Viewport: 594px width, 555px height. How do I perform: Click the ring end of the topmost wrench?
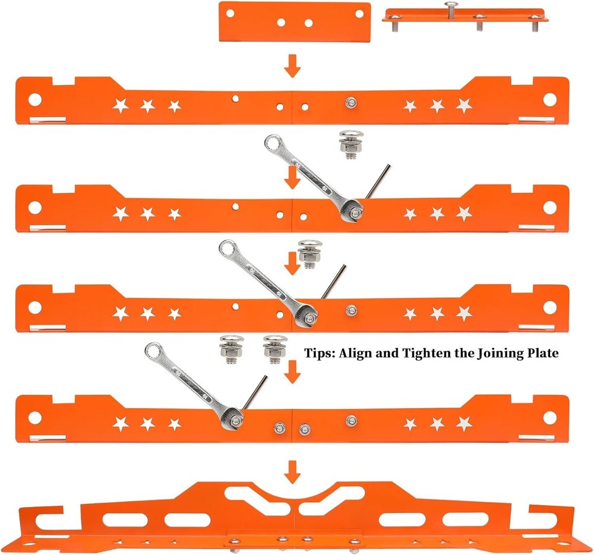273,143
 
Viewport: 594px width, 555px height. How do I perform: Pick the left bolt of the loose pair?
229,348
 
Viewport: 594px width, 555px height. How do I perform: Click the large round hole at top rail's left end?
34,99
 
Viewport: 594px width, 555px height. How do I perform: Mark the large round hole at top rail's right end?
549,99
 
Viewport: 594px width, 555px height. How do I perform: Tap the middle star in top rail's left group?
147,106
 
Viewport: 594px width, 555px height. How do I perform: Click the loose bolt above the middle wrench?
309,252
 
